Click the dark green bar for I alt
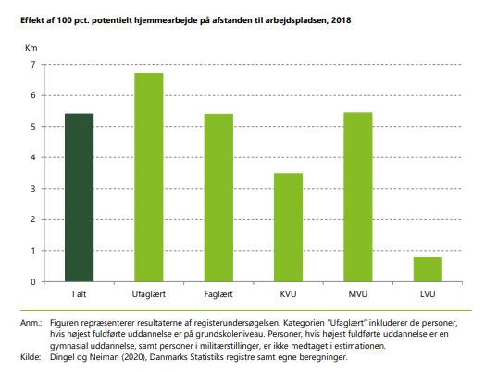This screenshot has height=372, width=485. pyautogui.click(x=80, y=198)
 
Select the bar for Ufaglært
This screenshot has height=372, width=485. pyautogui.click(x=149, y=178)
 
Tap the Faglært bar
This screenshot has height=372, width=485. pyautogui.click(x=218, y=198)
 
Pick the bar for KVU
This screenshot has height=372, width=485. pyautogui.click(x=288, y=228)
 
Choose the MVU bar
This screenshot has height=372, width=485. pyautogui.click(x=358, y=197)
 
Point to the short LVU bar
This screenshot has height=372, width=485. pyautogui.click(x=428, y=269)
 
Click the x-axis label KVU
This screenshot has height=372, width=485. pyautogui.click(x=288, y=294)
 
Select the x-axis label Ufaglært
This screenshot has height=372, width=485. pyautogui.click(x=149, y=294)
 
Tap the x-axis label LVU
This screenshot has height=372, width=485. pyautogui.click(x=428, y=294)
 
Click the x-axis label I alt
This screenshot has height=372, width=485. pyautogui.click(x=80, y=294)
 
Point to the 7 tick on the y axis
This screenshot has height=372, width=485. pyautogui.click(x=33, y=65)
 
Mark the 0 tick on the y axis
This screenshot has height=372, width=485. pyautogui.click(x=33, y=282)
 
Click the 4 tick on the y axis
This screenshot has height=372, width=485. pyautogui.click(x=33, y=157)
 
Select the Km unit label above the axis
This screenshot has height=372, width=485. pyautogui.click(x=31, y=48)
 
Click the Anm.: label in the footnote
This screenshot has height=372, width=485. pyautogui.click(x=31, y=323)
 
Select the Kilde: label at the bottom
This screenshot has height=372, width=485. pyautogui.click(x=31, y=357)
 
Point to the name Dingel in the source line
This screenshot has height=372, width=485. pyautogui.click(x=61, y=358)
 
